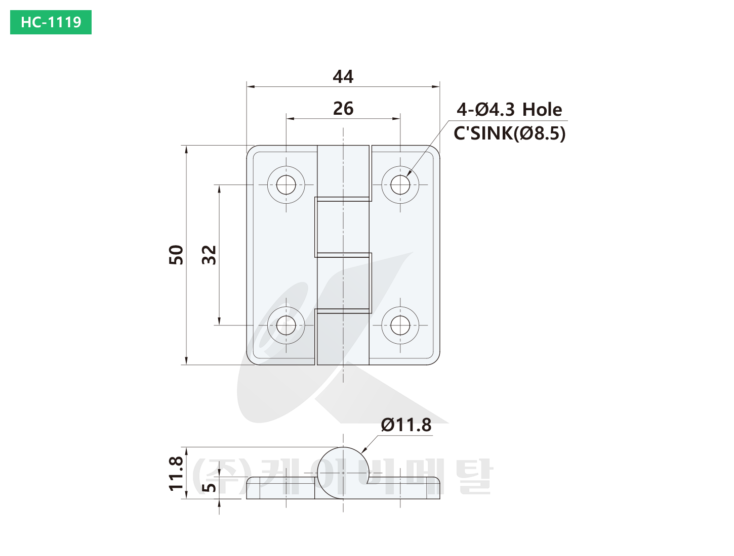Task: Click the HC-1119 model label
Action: tap(51, 22)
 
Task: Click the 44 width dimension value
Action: tap(343, 77)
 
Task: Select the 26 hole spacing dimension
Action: tap(343, 109)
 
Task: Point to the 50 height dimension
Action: tap(176, 255)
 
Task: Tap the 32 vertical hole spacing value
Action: tap(209, 255)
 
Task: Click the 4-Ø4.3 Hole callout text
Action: tap(509, 110)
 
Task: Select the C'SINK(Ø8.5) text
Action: tap(509, 133)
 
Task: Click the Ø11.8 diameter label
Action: tap(406, 425)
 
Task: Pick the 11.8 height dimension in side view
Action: tap(176, 474)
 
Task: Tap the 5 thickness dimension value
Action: tap(209, 487)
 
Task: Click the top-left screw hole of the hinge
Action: tap(286, 184)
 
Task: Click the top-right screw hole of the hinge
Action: tap(400, 184)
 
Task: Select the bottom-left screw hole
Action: tap(286, 325)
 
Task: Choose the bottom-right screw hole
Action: tap(400, 325)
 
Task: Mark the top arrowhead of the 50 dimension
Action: tap(186, 149)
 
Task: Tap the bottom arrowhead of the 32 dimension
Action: tap(219, 321)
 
